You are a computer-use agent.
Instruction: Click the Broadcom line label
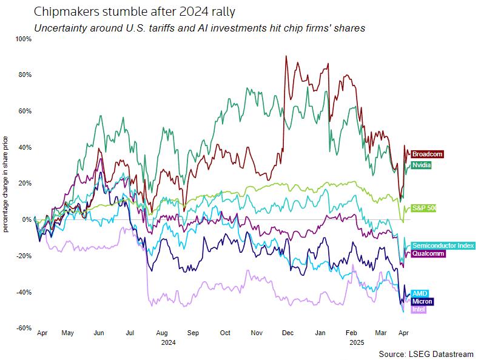click(x=427, y=154)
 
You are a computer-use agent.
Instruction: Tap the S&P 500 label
click(x=424, y=208)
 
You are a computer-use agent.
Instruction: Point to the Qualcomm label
click(x=428, y=254)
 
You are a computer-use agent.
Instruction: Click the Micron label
click(x=422, y=301)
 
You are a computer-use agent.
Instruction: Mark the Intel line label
click(x=419, y=309)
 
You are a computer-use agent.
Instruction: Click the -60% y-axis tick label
click(x=24, y=328)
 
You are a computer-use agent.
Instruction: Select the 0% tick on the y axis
click(x=27, y=219)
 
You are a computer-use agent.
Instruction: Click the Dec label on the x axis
click(x=288, y=333)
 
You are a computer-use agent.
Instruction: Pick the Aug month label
click(x=162, y=333)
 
